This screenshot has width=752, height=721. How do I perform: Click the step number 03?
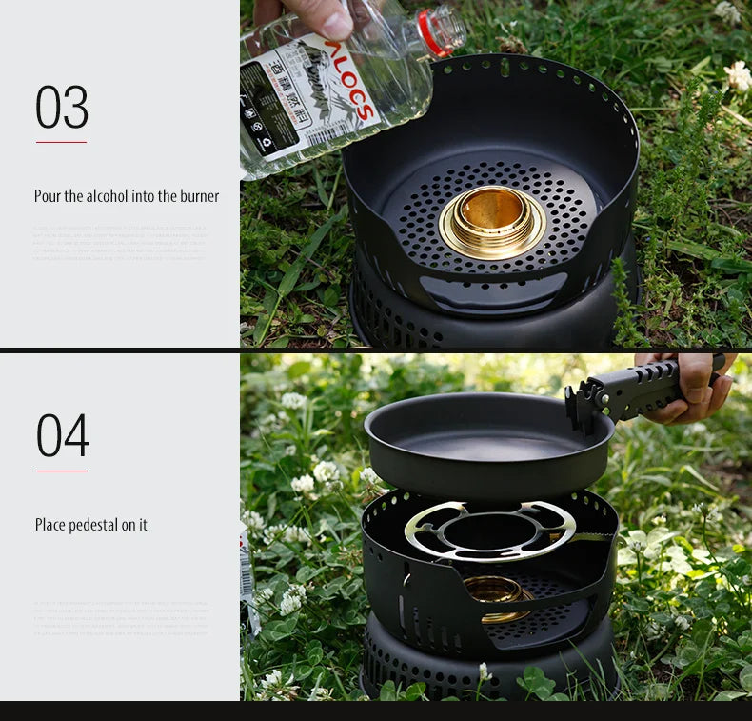pos(62,107)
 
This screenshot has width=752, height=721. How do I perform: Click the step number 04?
pos(63,436)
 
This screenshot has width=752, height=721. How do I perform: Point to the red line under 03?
pos(61,142)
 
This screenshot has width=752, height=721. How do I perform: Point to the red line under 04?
pos(62,471)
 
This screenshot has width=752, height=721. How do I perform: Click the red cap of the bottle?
pos(433,32)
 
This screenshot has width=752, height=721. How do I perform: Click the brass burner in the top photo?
pos(492,220)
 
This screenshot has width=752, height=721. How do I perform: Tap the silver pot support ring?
pos(489,530)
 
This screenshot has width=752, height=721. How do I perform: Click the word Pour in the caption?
pos(48,196)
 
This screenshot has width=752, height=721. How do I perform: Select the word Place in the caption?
pos(50,525)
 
